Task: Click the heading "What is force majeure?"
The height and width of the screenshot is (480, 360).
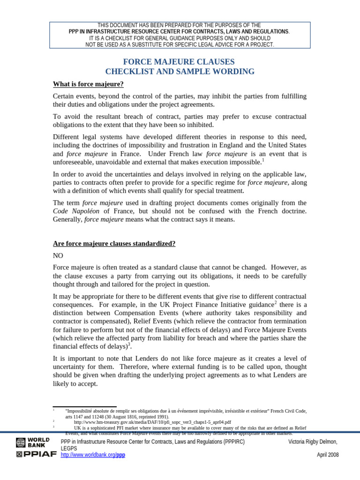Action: [x=88, y=84]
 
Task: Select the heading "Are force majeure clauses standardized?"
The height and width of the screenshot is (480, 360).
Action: [x=114, y=244]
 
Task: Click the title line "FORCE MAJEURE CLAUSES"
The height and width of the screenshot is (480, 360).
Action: [x=179, y=62]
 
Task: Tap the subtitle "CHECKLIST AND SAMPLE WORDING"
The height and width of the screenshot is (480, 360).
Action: [x=180, y=72]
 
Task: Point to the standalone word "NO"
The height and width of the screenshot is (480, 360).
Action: [x=58, y=256]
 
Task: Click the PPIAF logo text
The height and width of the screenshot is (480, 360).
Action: [x=36, y=455]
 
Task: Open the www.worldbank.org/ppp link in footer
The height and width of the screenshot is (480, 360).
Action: [x=93, y=455]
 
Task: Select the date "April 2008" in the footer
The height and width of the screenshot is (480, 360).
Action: [x=328, y=455]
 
